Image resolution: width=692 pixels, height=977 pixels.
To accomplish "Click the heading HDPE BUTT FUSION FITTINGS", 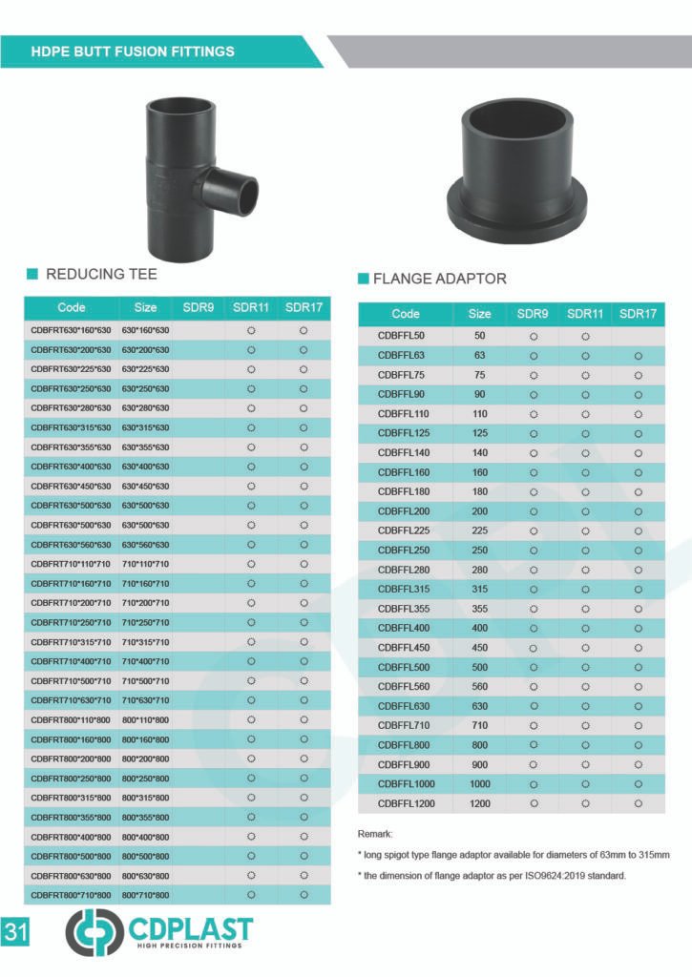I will pos(133,51).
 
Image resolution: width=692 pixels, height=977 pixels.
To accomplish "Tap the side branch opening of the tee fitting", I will pos(246,191).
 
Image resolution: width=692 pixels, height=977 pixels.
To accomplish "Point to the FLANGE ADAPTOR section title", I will pos(439,279).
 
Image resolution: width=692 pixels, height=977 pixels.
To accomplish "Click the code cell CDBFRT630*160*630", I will pos(72,330).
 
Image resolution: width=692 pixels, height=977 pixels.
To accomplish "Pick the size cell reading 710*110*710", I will pos(145,564).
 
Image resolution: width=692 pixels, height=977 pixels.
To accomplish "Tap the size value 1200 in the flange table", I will pos(480,803).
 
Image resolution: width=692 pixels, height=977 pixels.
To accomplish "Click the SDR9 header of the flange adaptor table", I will pos(533,313).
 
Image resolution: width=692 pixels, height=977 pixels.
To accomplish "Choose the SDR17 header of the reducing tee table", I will pos(304,307).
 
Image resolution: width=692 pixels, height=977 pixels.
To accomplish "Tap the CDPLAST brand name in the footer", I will pos(190,926).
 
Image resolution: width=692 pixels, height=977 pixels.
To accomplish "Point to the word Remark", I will pos(375,834).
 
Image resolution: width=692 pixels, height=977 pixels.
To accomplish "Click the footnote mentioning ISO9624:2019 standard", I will pos(491,875).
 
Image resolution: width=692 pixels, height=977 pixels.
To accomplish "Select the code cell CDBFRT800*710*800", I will pos(72,895).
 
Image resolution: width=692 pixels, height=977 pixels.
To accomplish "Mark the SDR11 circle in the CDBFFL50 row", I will pos(585,336).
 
